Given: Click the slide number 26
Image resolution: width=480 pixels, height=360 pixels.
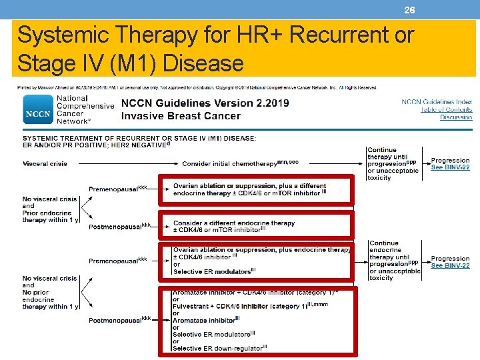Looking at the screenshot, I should coord(410,10).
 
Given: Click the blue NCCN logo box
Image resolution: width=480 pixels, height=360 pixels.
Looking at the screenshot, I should coord(38,111).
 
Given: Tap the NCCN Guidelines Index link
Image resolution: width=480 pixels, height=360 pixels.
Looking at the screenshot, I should coord(437,102).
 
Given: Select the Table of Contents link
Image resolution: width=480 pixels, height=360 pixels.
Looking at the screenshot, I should coord(446,110).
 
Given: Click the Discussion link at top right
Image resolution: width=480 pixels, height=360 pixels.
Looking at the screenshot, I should coord(456,118).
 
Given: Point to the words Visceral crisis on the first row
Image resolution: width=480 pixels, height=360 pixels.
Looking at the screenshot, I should coord(45,163).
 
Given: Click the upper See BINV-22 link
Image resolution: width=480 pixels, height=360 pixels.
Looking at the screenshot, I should coord(450,167).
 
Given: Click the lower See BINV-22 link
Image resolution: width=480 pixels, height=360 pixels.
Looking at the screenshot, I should coord(450,265).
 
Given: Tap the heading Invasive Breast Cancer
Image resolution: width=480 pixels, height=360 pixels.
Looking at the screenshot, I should coord(181,116).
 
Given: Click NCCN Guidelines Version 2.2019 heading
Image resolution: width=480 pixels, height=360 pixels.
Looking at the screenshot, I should coord(205,104).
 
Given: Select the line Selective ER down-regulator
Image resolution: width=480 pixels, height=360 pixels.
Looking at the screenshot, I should coord(219,348).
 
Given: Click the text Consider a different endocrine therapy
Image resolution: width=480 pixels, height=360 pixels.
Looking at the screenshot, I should coord(233,223).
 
